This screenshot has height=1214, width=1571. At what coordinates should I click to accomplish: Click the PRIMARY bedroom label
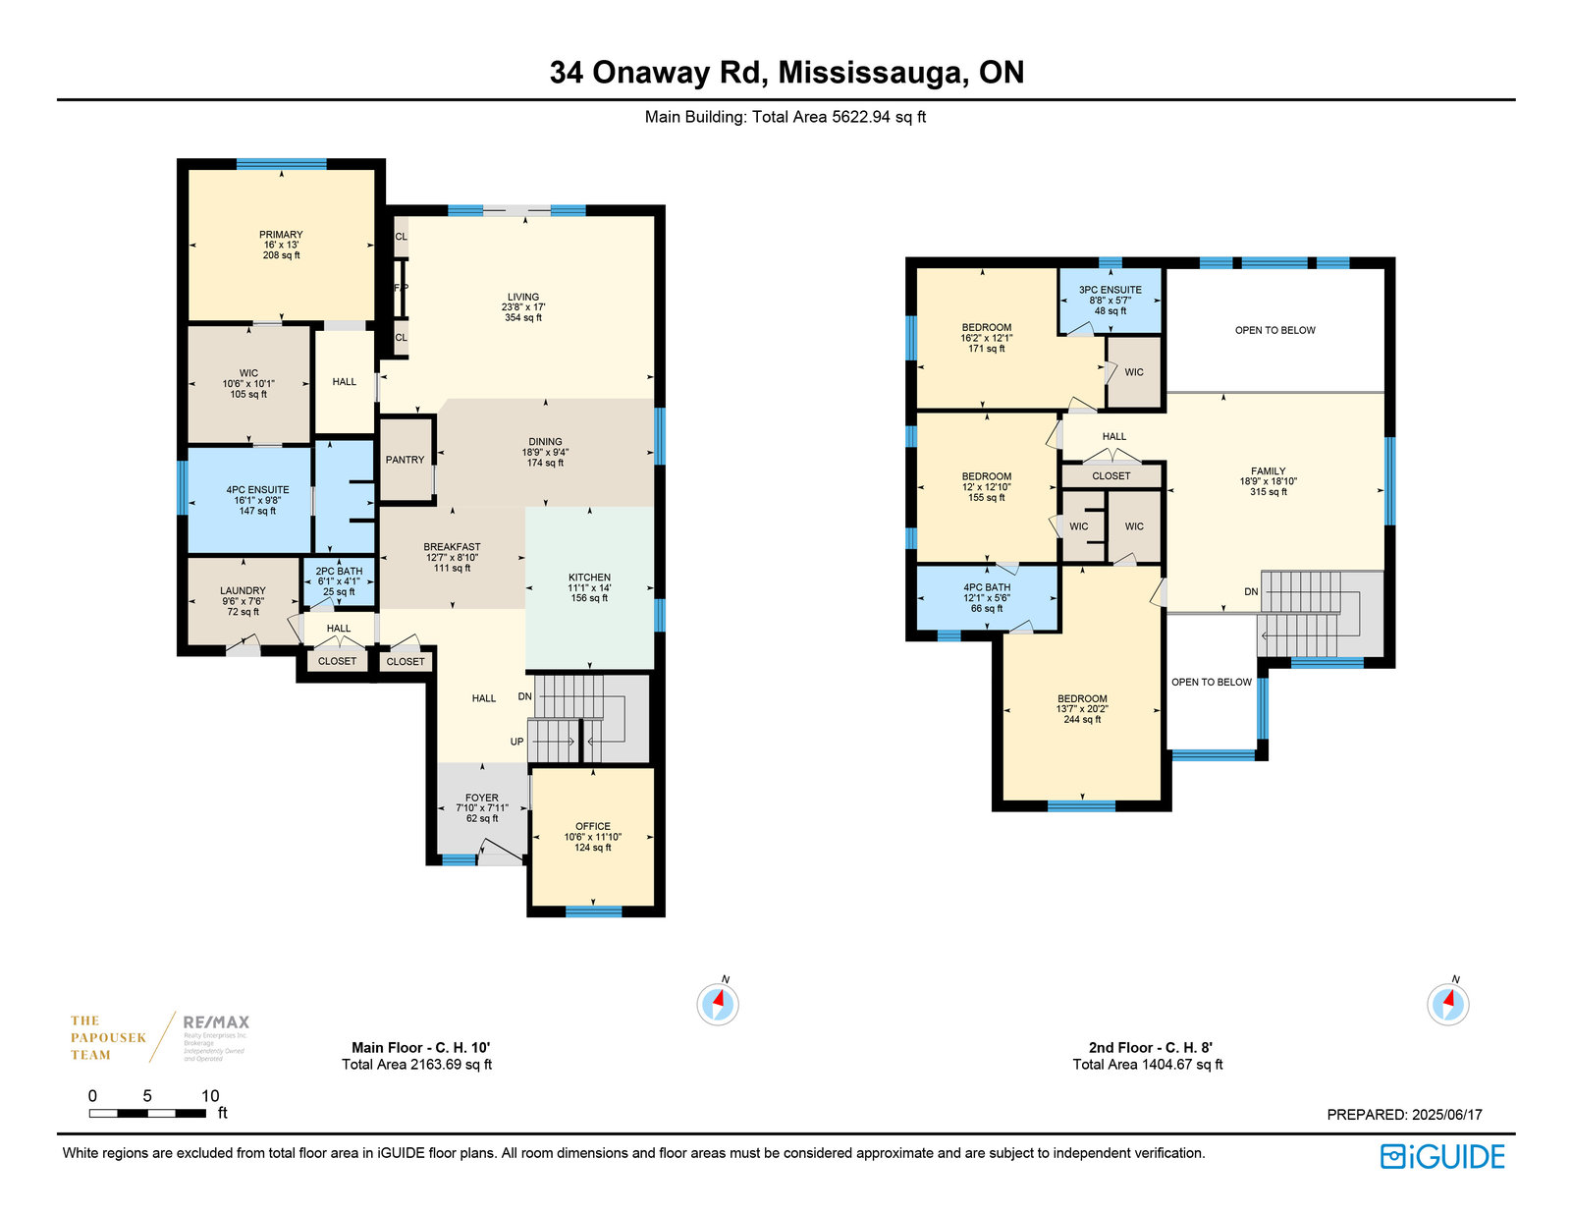(281, 235)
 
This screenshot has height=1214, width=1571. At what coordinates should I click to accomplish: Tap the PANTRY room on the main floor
(405, 460)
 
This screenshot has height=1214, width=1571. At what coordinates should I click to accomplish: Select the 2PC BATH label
(339, 572)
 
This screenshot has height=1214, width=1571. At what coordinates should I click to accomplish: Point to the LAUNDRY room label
(243, 590)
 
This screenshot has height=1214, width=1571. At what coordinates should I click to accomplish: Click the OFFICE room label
(593, 826)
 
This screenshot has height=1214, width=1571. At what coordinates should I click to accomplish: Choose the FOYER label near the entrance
(481, 799)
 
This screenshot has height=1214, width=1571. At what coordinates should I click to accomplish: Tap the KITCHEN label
(589, 578)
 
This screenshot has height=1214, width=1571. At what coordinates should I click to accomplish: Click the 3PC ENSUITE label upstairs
(1111, 290)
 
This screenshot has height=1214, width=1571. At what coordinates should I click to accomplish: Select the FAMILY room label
(1268, 471)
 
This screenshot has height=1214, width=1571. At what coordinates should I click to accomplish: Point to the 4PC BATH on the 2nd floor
(987, 587)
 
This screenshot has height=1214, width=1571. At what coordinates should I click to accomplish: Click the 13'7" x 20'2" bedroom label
(1082, 709)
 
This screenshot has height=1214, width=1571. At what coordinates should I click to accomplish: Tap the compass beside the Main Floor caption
(718, 1004)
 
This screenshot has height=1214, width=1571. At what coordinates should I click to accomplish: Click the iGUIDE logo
(1442, 1157)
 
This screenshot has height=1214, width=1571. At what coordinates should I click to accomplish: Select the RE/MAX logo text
(216, 1022)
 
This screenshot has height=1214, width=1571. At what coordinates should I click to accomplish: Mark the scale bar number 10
(210, 1096)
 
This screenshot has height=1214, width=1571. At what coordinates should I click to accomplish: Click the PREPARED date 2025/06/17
(1446, 1115)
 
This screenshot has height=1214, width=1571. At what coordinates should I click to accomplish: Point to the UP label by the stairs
(516, 742)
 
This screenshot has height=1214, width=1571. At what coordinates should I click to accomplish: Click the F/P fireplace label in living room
(401, 288)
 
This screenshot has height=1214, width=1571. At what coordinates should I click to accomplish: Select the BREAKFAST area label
(452, 547)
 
